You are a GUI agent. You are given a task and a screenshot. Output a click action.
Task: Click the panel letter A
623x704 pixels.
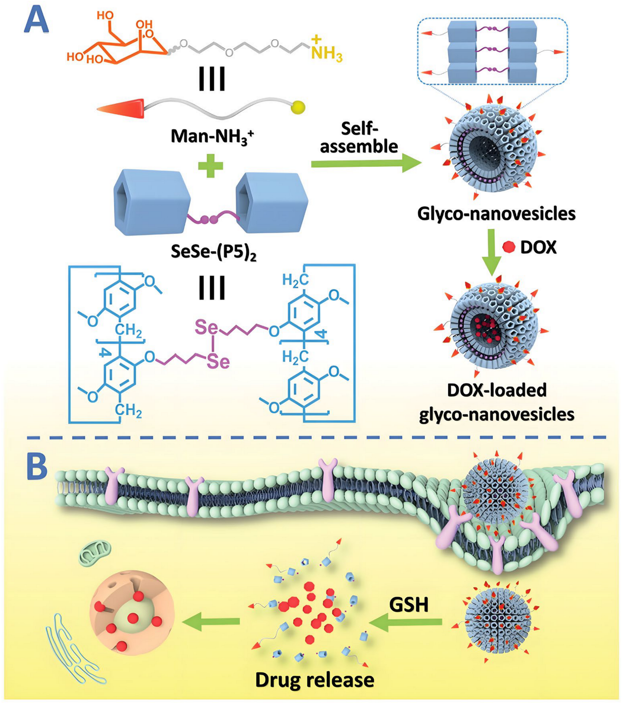(36, 21)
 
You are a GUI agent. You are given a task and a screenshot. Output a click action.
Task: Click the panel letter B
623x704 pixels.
(37, 468)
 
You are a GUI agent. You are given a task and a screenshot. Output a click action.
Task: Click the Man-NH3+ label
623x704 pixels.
(212, 137)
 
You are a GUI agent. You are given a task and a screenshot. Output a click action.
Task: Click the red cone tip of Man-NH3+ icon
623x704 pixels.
(121, 108)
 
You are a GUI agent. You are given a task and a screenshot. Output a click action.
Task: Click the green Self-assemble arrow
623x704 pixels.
(366, 165)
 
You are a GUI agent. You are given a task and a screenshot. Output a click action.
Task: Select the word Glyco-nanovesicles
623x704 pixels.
(496, 214)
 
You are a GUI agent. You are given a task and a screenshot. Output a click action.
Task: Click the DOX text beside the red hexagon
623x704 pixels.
(538, 247)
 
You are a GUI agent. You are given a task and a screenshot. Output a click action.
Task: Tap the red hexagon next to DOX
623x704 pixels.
(508, 247)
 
